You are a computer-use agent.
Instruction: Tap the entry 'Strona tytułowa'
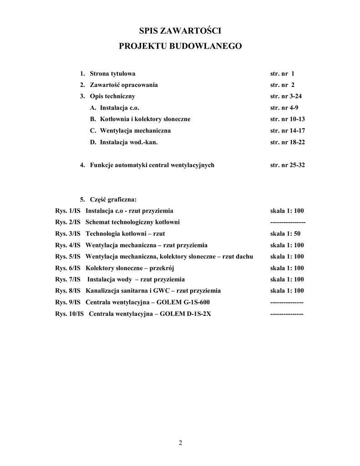point(112,74)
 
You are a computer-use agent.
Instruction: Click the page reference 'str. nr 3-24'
point(285,96)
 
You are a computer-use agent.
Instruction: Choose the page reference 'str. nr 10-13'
point(287,119)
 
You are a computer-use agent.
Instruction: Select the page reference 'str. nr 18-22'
point(287,142)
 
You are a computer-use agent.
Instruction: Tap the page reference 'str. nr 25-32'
point(287,165)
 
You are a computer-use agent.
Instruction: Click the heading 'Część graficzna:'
point(113,199)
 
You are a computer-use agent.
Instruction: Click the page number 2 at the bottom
point(180,443)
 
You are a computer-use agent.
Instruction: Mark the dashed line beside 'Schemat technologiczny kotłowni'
point(288,223)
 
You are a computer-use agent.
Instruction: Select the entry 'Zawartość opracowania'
point(124,85)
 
